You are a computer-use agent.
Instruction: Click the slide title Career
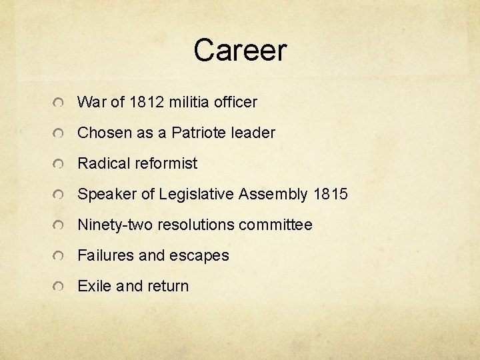pyautogui.click(x=240, y=50)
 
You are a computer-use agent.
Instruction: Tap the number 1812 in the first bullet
pyautogui.click(x=146, y=102)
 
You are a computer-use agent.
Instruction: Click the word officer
pyautogui.click(x=236, y=102)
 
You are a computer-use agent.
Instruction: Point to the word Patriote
pyautogui.click(x=199, y=133)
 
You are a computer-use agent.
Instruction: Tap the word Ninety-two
pyautogui.click(x=115, y=225)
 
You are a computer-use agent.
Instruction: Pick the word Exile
pyautogui.click(x=93, y=286)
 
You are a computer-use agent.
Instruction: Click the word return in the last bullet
pyautogui.click(x=169, y=286)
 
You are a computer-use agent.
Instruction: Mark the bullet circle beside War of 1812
pyautogui.click(x=59, y=103)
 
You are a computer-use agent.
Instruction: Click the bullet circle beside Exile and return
pyautogui.click(x=59, y=287)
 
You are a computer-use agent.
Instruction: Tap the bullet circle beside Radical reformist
pyautogui.click(x=59, y=165)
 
